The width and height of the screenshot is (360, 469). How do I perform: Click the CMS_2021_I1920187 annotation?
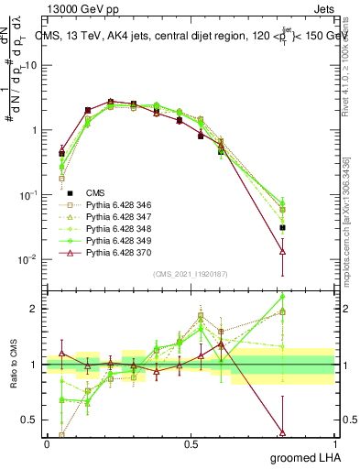pyautogui.click(x=190, y=274)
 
